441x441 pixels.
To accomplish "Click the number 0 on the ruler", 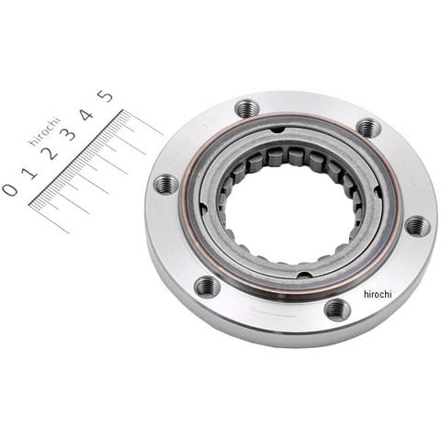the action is [10, 189].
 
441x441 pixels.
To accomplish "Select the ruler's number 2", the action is [51, 153].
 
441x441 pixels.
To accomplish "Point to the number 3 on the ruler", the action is [69, 134].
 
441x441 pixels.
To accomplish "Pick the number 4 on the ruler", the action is [87, 115].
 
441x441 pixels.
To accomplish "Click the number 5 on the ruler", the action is [105, 96].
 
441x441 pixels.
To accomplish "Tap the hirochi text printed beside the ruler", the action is [44, 131].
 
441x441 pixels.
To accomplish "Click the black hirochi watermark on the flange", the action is [378, 294].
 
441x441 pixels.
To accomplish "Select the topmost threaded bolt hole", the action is [247, 108].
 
